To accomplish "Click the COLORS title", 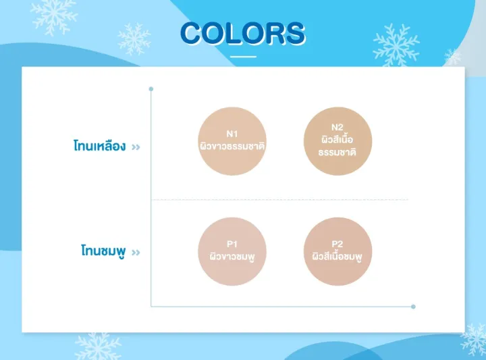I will pyautogui.click(x=243, y=33).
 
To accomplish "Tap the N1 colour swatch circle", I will pyautogui.click(x=232, y=141).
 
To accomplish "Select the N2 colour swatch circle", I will pyautogui.click(x=337, y=140).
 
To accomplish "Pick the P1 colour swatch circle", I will pyautogui.click(x=232, y=251).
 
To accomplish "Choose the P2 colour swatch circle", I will pyautogui.click(x=337, y=251).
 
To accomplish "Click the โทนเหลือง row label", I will pyautogui.click(x=99, y=145).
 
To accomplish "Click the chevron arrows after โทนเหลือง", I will pyautogui.click(x=136, y=146).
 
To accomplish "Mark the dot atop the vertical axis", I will pyautogui.click(x=151, y=88).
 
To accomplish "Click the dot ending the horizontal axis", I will pyautogui.click(x=413, y=306).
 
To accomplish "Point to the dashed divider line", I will pyautogui.click(x=279, y=200).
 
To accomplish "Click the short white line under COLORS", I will pyautogui.click(x=243, y=57).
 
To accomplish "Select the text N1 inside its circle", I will pyautogui.click(x=232, y=133).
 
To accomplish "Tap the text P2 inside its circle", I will pyautogui.click(x=337, y=244).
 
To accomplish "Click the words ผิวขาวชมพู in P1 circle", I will pyautogui.click(x=232, y=257).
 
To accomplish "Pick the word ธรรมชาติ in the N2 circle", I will pyautogui.click(x=337, y=152).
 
